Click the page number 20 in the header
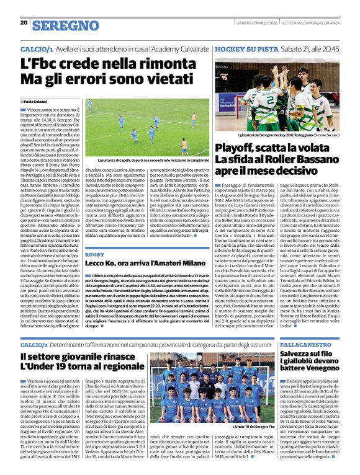(x=24, y=23)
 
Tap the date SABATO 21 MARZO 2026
(x=254, y=24)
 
